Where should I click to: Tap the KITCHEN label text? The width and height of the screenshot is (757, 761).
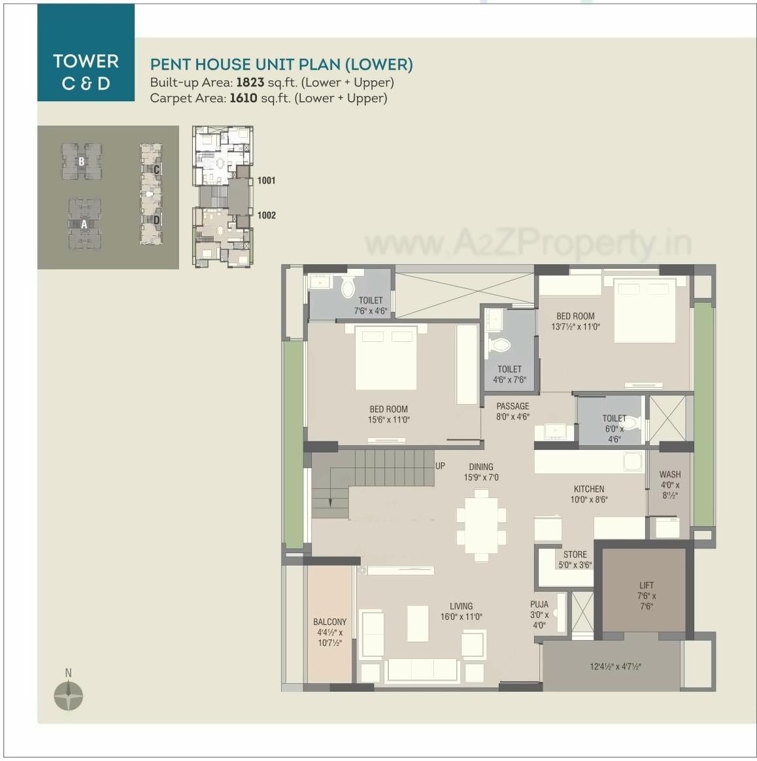(x=588, y=489)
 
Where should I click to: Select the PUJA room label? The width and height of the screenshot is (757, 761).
(x=539, y=604)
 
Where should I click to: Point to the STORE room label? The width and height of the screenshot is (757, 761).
(x=575, y=554)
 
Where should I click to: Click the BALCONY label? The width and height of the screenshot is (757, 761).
(x=329, y=622)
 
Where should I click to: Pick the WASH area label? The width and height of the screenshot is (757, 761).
(x=669, y=475)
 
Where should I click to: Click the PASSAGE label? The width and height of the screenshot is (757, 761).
(x=513, y=406)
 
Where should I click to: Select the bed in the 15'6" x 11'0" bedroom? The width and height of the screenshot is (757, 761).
(x=386, y=358)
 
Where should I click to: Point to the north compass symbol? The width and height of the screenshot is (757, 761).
(x=68, y=695)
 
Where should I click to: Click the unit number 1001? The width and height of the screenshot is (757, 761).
(x=266, y=180)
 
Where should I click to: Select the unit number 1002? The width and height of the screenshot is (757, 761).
(x=266, y=215)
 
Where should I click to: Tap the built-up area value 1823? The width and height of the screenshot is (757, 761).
(x=250, y=82)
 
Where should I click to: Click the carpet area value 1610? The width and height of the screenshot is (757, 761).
(x=243, y=98)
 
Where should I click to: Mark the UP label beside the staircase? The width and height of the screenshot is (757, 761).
(x=440, y=465)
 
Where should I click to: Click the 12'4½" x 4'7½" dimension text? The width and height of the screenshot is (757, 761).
(x=615, y=667)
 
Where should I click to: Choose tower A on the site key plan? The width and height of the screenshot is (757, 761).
(x=84, y=224)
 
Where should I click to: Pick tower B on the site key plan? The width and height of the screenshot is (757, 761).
(x=82, y=161)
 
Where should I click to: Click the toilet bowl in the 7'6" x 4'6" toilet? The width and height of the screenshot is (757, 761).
(x=348, y=286)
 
